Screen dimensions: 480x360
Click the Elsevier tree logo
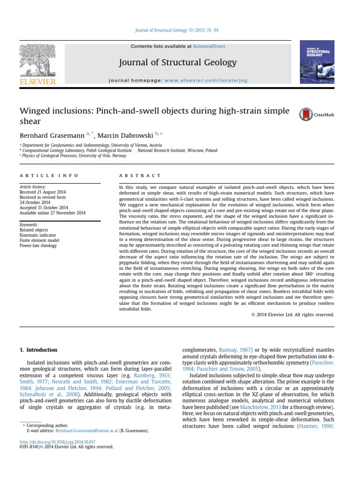(x=37, y=60)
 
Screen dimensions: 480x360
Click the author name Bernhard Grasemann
(x=49, y=135)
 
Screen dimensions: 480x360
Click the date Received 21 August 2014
(x=43, y=192)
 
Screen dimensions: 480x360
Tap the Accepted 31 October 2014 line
(x=44, y=208)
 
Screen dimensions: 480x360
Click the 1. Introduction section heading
(x=38, y=350)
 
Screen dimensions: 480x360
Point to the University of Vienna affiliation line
(x=92, y=145)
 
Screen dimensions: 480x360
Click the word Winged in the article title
(x=37, y=111)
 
